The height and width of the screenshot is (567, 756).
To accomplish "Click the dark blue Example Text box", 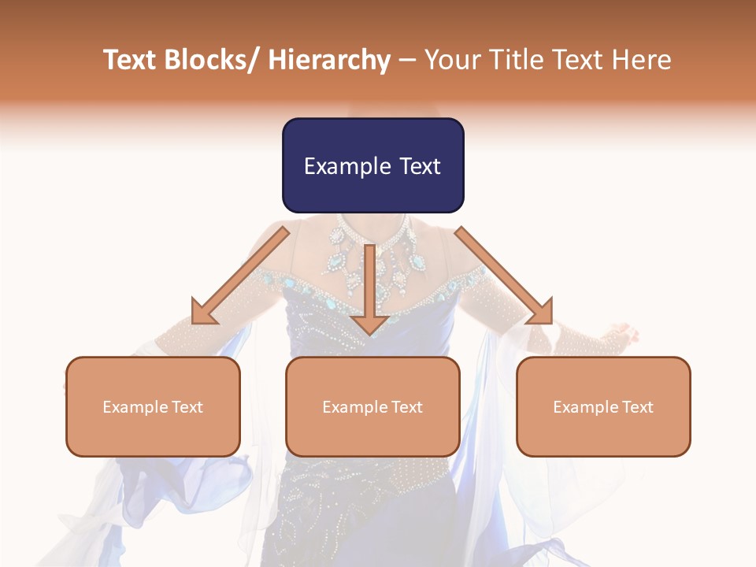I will [x=372, y=165].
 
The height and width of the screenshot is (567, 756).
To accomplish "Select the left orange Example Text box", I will [x=153, y=406].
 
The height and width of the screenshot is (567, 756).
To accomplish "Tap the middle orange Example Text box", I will [x=372, y=406].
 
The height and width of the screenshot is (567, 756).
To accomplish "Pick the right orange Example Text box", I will [x=603, y=406].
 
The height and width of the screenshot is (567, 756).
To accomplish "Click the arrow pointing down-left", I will [x=240, y=276].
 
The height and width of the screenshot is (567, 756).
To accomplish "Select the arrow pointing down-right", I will [x=504, y=276].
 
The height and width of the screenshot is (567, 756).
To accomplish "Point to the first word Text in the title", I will [x=131, y=60].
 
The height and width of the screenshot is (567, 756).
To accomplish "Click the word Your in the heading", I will [x=451, y=60].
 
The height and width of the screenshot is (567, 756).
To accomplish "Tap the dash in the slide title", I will [x=407, y=60].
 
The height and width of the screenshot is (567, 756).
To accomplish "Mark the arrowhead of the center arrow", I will [x=369, y=323].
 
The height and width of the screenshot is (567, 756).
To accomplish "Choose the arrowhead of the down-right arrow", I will [x=541, y=313].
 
